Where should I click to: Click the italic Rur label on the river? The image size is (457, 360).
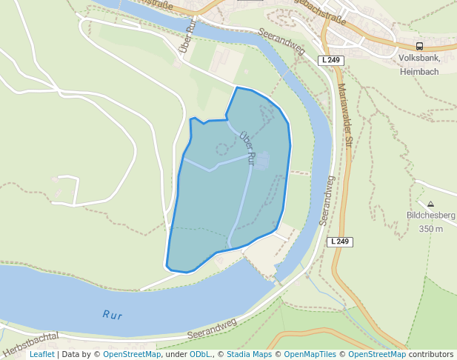point(112,315)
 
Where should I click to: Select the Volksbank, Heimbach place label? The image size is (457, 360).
point(419,64)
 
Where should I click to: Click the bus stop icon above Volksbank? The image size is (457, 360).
point(420,46)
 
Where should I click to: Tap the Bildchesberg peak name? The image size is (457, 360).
point(430,216)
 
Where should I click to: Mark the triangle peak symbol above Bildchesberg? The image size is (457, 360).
point(430,204)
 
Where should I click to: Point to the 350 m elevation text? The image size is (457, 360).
point(430,229)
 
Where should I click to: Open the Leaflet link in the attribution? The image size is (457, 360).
point(41,355)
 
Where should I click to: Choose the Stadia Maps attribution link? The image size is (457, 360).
point(249,355)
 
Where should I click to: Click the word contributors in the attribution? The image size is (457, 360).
point(431,355)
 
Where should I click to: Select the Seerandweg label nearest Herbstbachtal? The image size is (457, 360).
point(212,329)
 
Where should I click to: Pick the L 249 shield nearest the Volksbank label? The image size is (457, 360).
point(332,59)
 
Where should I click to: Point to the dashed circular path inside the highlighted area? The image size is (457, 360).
point(221,149)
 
